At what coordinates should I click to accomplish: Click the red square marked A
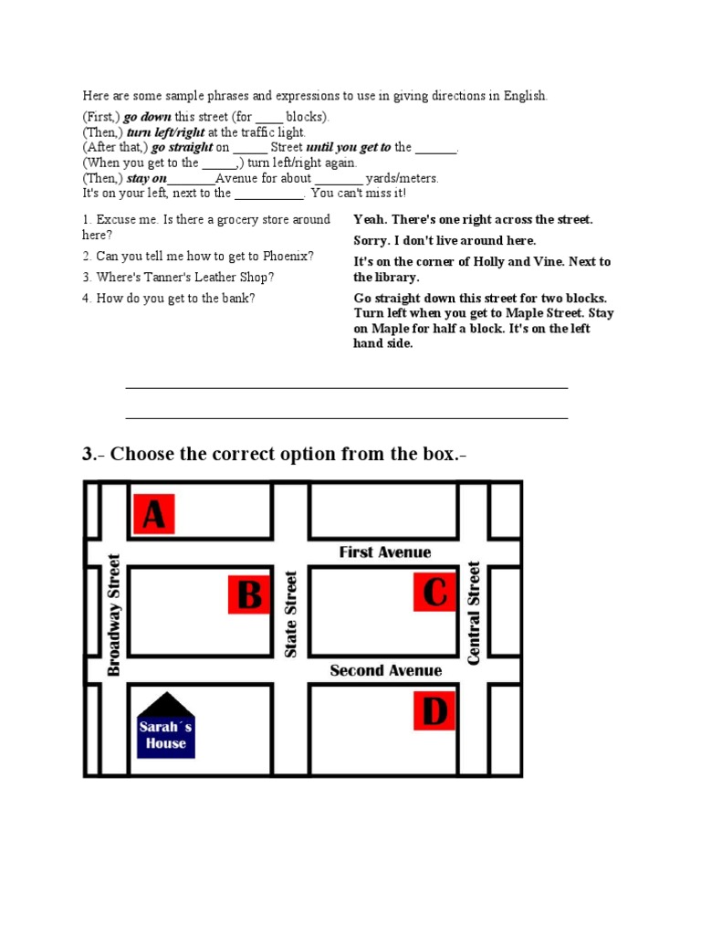[154, 514]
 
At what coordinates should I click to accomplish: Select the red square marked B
[250, 595]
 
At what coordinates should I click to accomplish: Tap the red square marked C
[435, 592]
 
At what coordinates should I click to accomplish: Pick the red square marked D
[435, 710]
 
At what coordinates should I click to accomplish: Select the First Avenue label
[385, 552]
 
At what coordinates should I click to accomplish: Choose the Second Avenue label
[385, 671]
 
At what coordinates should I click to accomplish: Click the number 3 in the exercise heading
[89, 454]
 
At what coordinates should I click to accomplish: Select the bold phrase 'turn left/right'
[165, 132]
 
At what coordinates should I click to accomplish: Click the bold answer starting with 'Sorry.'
[445, 240]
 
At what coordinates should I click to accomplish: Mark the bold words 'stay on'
[146, 178]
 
